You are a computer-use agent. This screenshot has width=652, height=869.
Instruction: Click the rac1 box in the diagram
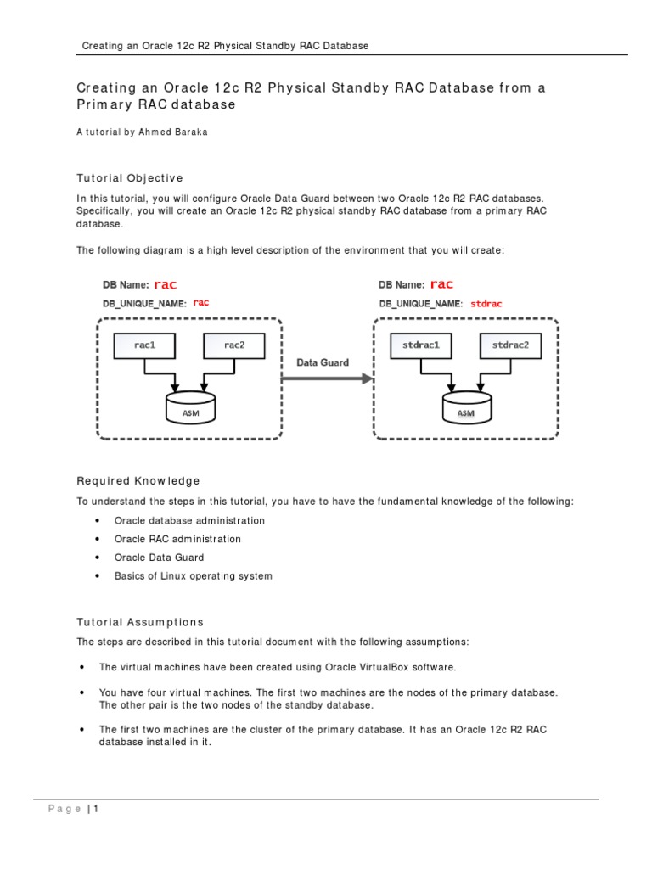coord(144,345)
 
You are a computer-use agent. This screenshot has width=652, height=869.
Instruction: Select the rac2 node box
coord(233,345)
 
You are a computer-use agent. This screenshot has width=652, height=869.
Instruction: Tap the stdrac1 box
coord(421,345)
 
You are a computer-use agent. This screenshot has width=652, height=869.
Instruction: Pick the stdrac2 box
coord(511,345)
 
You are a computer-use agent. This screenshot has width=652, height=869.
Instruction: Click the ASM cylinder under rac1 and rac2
coord(189,406)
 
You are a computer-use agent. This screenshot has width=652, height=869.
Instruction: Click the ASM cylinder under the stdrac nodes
coord(466,406)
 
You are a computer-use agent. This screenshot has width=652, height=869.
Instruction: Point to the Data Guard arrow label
coord(322,362)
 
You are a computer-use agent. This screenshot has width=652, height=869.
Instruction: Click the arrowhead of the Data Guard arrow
coord(368,378)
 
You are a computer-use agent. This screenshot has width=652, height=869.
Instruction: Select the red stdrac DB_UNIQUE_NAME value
coord(486,302)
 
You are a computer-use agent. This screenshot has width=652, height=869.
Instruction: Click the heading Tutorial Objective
coord(129,178)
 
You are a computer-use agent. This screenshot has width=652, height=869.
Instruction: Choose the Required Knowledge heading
coord(138,481)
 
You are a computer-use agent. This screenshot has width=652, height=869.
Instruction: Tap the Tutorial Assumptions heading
coord(140,622)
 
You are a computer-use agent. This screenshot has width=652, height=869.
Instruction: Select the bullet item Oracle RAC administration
coord(177,539)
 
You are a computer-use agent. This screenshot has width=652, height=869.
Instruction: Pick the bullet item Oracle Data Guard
coord(159,558)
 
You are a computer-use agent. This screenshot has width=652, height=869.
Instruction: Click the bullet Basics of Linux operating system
coord(194,576)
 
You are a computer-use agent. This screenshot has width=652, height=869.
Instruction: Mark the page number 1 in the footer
coord(97,809)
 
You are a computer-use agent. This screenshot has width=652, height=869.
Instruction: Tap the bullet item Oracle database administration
coord(189,520)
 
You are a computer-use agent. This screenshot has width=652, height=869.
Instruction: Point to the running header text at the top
coord(225,46)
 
